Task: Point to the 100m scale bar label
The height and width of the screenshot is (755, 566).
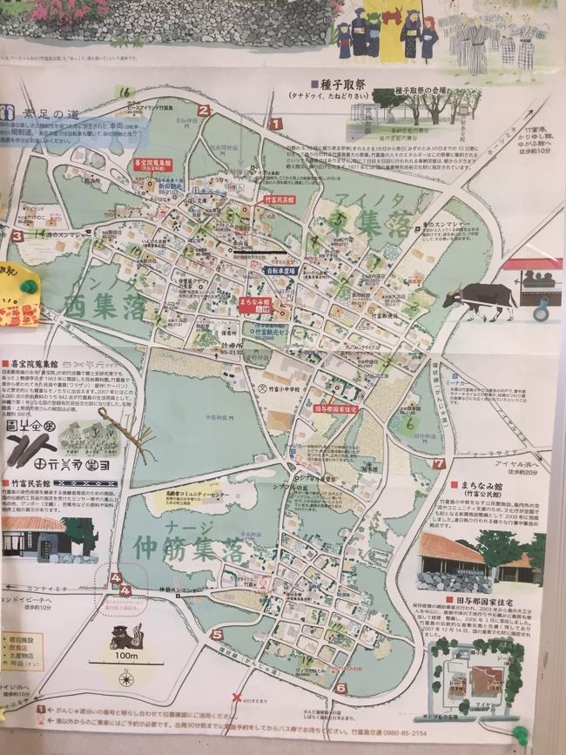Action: coord(127,655)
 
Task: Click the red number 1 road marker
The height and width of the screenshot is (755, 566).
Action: coord(275,125)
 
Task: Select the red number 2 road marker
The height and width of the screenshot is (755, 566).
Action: coord(203,110)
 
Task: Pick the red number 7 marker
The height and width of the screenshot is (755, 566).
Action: coord(439,463)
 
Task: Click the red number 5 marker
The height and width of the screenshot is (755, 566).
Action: coord(216,634)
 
